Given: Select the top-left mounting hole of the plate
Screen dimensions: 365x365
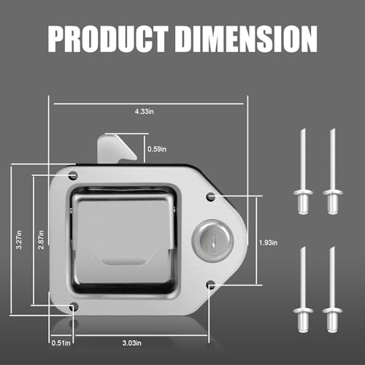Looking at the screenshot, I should click(x=73, y=175).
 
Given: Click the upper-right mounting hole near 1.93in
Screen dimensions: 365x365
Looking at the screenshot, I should click(x=210, y=196).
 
